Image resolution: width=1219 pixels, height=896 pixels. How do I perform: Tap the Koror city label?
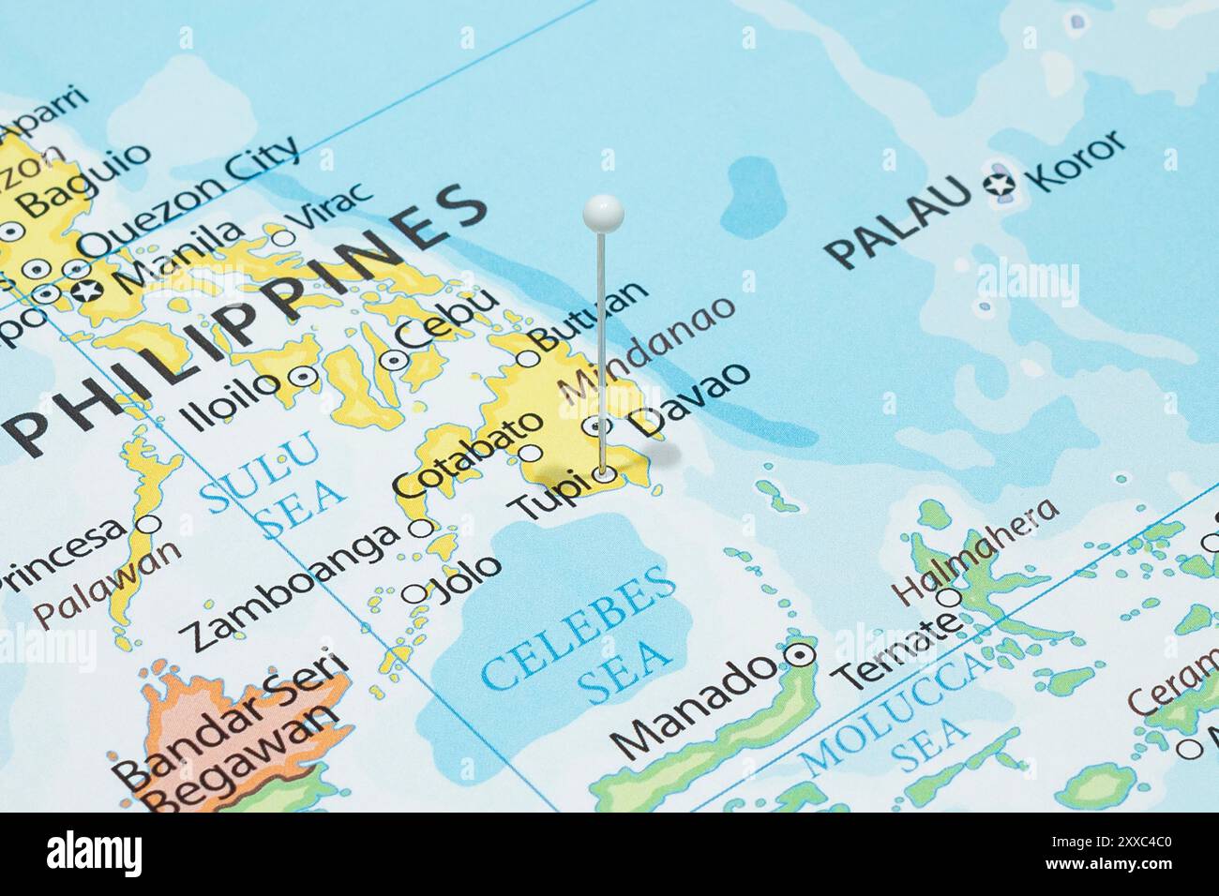point(1076,160)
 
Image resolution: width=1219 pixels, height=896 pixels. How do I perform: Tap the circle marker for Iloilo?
point(303,377)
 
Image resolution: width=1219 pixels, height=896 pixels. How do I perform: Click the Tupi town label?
point(548,494)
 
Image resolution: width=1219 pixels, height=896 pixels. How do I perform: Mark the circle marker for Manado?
point(799,655)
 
